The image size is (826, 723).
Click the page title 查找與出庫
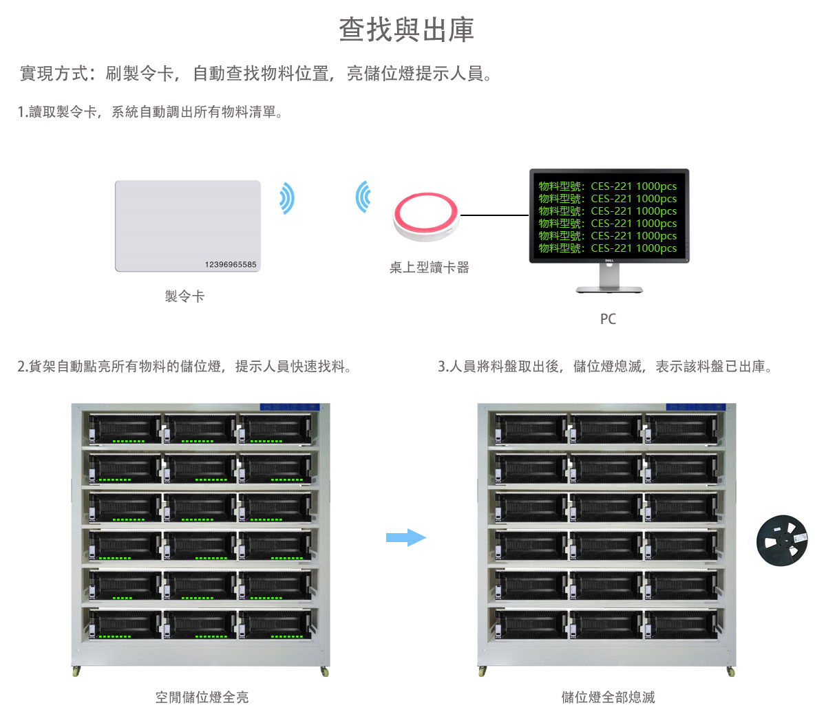[x=406, y=30]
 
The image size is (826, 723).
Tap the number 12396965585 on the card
[x=231, y=265]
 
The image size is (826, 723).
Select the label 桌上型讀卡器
[x=429, y=268]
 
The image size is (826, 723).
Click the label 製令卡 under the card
[x=184, y=296]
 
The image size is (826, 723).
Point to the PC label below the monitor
[x=608, y=319]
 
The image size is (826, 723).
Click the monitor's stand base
[x=609, y=290]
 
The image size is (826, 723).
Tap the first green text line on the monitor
[x=608, y=186]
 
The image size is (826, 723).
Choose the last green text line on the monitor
[x=608, y=248]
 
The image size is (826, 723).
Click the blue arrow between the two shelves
[x=406, y=537]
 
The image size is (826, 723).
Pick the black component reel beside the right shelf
[x=782, y=541]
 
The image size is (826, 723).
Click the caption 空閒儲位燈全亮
[x=202, y=698]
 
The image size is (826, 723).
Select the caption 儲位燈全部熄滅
[x=608, y=698]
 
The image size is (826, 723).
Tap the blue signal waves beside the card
[x=287, y=198]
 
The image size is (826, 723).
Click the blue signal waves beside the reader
[x=363, y=197]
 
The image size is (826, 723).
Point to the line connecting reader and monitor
[x=494, y=215]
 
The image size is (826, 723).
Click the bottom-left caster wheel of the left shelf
[x=76, y=671]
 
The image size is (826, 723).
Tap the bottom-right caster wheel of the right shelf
[x=730, y=671]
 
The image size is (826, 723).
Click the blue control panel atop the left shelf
[x=289, y=407]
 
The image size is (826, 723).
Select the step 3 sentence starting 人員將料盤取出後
[x=606, y=367]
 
